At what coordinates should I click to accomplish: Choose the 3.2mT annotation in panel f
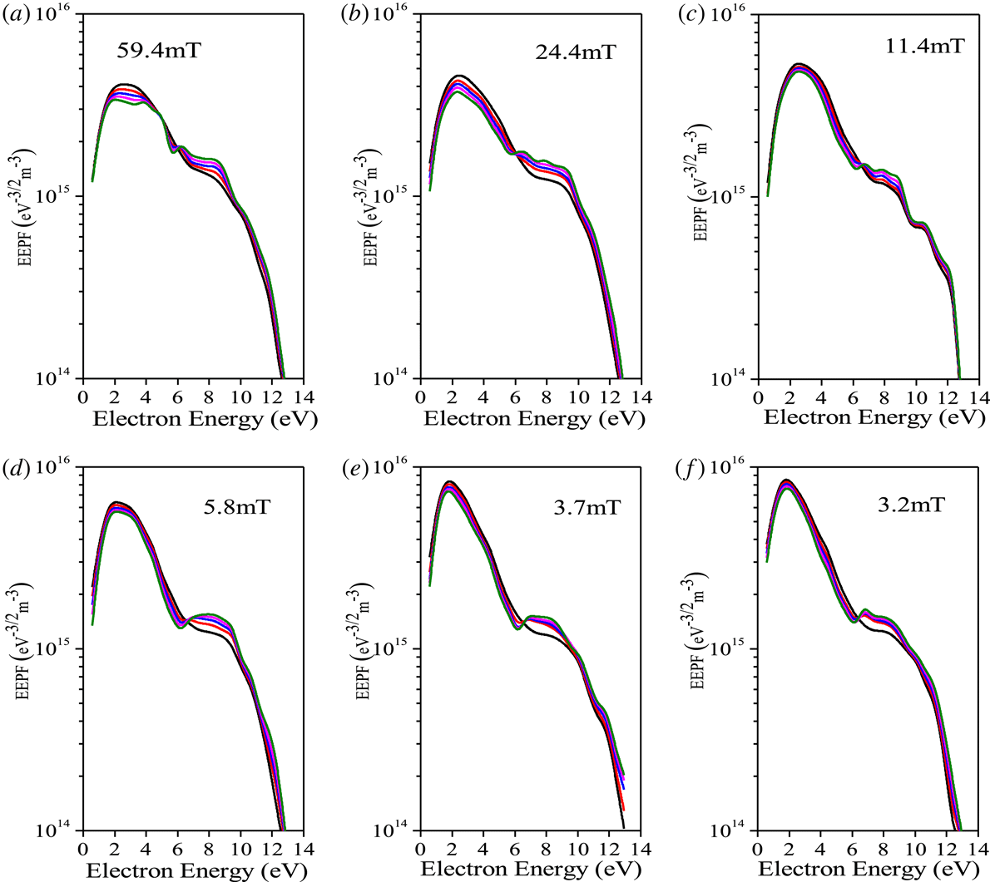coord(913,505)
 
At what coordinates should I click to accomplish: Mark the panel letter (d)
coord(15,472)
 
